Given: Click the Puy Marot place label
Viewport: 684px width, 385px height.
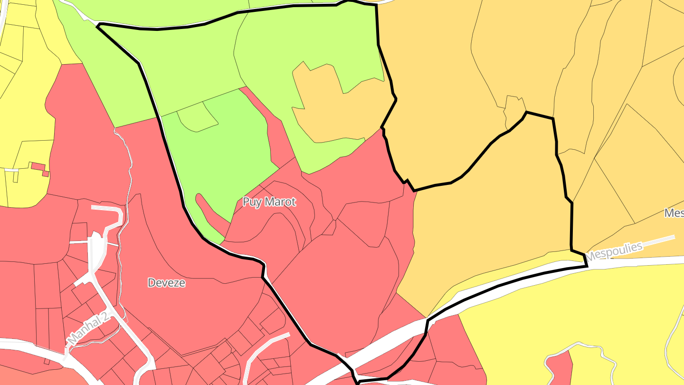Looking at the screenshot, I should tap(269, 202).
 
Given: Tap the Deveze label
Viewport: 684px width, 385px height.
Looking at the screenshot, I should tap(166, 283).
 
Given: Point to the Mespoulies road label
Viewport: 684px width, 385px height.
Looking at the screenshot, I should tap(614, 251).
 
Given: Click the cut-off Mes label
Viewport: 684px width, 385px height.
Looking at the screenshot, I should tap(674, 213).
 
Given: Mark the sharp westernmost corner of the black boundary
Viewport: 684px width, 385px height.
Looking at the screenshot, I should tap(98, 26).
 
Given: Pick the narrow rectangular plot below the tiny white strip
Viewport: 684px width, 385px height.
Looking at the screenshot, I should tap(15, 177).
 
